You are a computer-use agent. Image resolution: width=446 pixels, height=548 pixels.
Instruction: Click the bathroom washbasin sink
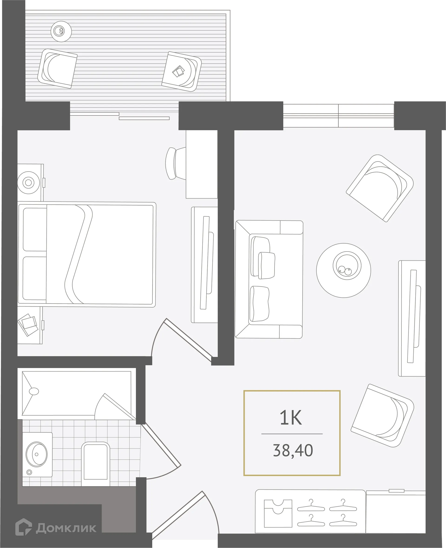tap(37, 454)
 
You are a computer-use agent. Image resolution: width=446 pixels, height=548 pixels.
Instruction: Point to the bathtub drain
tap(34, 391)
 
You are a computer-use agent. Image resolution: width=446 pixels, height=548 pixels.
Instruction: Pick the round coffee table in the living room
tap(343, 270)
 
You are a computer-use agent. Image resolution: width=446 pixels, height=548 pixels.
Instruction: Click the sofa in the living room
tap(269, 279)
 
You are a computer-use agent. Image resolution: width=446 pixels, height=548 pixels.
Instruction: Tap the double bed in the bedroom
tap(87, 254)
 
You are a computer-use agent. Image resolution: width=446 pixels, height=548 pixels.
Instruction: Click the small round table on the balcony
tap(61, 31)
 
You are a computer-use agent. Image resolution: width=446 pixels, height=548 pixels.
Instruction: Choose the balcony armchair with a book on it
tap(182, 71)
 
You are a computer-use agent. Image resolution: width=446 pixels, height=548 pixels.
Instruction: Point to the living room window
tap(338, 115)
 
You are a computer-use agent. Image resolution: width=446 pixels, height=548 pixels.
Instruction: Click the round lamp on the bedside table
tap(29, 183)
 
